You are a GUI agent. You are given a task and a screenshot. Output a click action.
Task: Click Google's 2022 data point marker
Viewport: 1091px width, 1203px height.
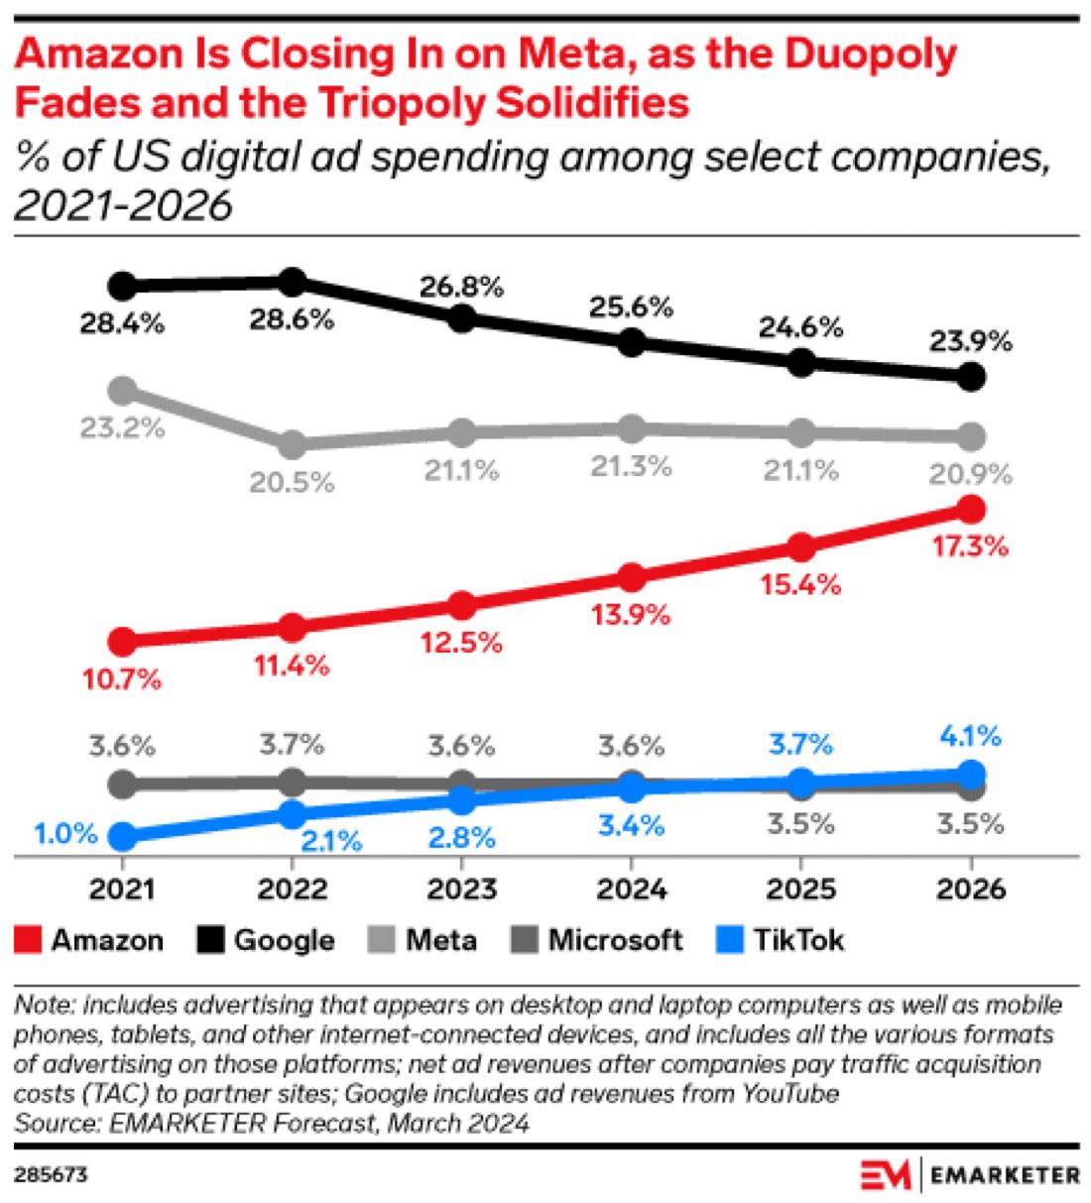pyautogui.click(x=292, y=282)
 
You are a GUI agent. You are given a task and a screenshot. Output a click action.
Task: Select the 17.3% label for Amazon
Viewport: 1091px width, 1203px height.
pyautogui.click(x=969, y=545)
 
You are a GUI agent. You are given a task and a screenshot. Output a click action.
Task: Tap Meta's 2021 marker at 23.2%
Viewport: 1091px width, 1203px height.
pyautogui.click(x=122, y=390)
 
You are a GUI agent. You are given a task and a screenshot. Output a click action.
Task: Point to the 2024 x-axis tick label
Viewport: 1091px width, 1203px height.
pyautogui.click(x=631, y=888)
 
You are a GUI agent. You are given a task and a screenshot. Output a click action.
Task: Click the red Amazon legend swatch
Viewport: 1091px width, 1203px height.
pyautogui.click(x=28, y=939)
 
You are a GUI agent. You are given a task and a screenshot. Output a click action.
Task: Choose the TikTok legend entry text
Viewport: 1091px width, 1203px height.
pyautogui.click(x=798, y=939)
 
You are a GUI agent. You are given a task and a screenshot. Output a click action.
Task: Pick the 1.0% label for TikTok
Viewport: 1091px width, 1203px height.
pyautogui.click(x=65, y=833)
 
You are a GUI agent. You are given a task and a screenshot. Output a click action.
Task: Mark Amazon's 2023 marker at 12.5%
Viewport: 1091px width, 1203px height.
pyautogui.click(x=461, y=605)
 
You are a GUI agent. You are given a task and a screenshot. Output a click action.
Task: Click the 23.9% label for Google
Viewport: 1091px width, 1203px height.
pyautogui.click(x=970, y=342)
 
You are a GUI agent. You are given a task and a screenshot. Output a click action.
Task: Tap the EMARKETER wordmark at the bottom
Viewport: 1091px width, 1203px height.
pyautogui.click(x=1005, y=1175)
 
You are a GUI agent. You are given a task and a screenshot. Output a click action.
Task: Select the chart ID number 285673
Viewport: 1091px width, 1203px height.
pyautogui.click(x=51, y=1175)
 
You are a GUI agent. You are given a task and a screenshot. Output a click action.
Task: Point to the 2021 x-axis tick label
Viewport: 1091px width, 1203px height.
pyautogui.click(x=122, y=888)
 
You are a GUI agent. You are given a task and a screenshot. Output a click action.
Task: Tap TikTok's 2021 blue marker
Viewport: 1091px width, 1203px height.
pyautogui.click(x=122, y=837)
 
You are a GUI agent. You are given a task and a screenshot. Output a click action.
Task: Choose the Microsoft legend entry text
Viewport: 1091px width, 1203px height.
pyautogui.click(x=615, y=939)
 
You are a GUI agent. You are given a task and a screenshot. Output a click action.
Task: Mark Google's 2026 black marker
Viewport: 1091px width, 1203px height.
pyautogui.click(x=972, y=377)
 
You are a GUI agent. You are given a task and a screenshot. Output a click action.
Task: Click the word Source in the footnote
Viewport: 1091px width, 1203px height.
pyautogui.click(x=45, y=1123)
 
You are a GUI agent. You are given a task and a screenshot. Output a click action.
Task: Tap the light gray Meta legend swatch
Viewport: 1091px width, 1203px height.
pyautogui.click(x=382, y=939)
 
